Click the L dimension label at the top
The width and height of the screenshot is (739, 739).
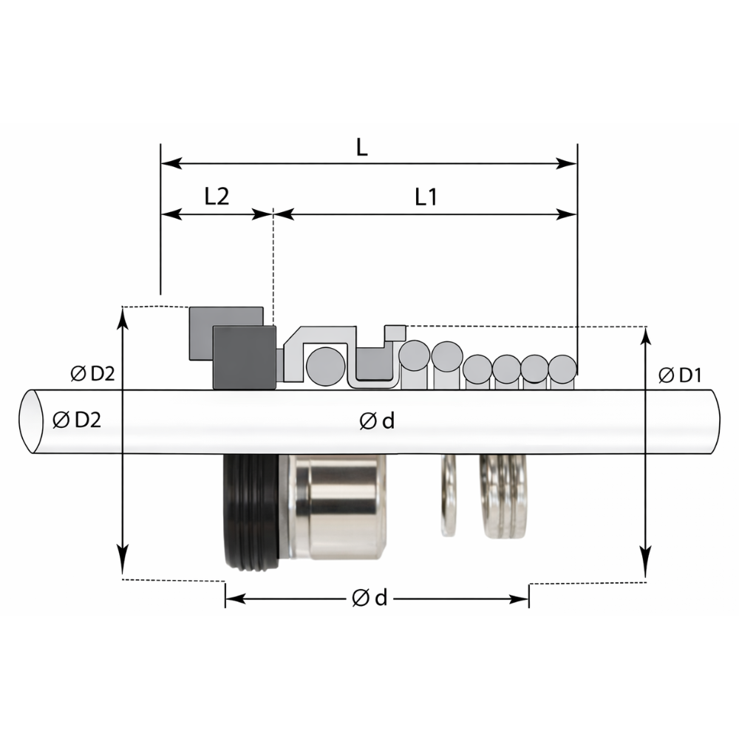pyautogui.click(x=361, y=148)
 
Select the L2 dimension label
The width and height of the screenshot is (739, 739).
pyautogui.click(x=217, y=196)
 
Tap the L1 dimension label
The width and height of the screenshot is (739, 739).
pyautogui.click(x=426, y=197)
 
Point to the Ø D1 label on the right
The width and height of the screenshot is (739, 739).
pyautogui.click(x=680, y=375)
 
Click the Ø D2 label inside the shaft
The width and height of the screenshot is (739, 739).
pyautogui.click(x=77, y=420)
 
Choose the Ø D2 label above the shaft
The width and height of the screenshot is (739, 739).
pyautogui.click(x=92, y=373)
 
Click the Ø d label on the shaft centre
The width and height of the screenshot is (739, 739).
pyautogui.click(x=377, y=421)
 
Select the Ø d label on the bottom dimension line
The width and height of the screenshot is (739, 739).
pyautogui.click(x=369, y=598)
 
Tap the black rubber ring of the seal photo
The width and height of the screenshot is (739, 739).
pyautogui.click(x=251, y=511)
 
